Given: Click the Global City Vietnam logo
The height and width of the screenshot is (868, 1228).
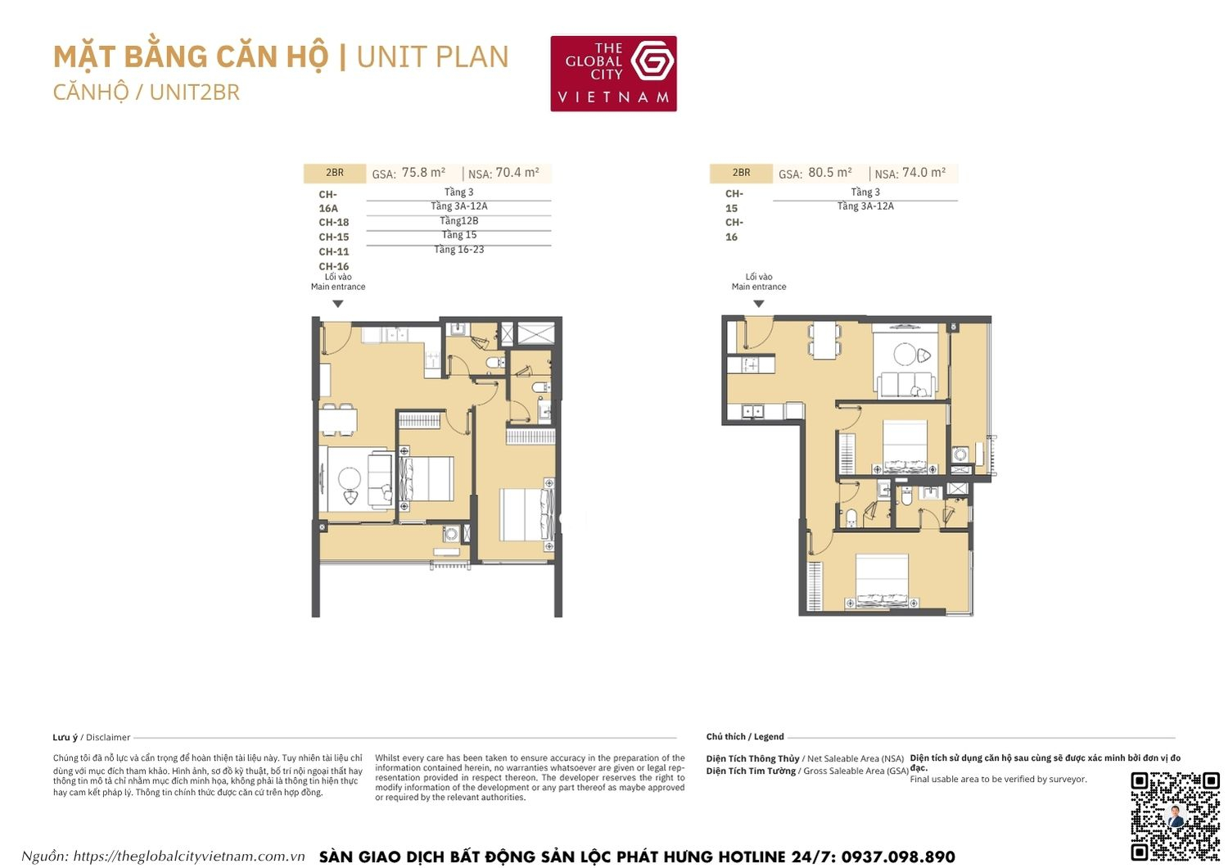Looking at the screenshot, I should [x=613, y=74].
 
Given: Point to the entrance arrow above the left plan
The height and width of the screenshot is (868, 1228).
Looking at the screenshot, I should [x=337, y=304].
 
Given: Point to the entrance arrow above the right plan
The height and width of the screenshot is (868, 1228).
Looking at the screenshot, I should [x=759, y=304].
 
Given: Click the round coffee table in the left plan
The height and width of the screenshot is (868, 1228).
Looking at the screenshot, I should [x=350, y=478].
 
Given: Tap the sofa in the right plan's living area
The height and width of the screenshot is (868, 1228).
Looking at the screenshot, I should [x=905, y=383].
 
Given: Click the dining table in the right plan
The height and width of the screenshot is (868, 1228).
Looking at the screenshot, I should [x=824, y=339].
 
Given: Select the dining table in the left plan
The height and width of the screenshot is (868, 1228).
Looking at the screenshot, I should [x=337, y=420].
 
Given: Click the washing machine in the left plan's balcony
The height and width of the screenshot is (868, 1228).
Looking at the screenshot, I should [x=450, y=534].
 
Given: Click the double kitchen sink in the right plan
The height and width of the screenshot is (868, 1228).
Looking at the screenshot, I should [x=752, y=411].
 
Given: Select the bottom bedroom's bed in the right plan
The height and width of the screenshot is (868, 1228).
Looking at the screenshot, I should [x=882, y=582].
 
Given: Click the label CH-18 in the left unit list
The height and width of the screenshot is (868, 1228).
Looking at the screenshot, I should [x=334, y=223].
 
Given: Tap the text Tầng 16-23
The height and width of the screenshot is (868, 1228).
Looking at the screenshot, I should [x=458, y=250].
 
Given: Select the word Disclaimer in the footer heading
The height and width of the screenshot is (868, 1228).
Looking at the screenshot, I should [x=108, y=738].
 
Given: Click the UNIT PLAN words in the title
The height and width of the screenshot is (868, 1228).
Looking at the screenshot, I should [x=432, y=57].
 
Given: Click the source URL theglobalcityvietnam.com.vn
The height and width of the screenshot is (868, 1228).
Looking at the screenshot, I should [x=188, y=857].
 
